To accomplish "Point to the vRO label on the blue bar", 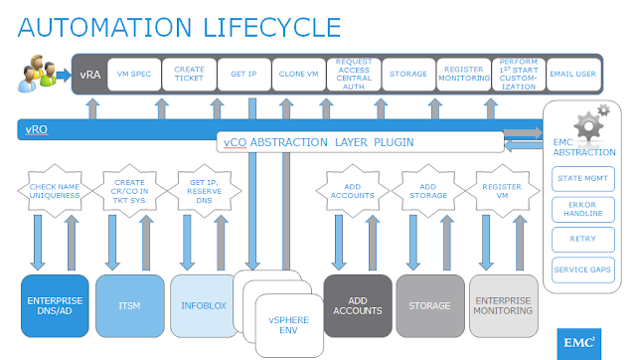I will (40, 129).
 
